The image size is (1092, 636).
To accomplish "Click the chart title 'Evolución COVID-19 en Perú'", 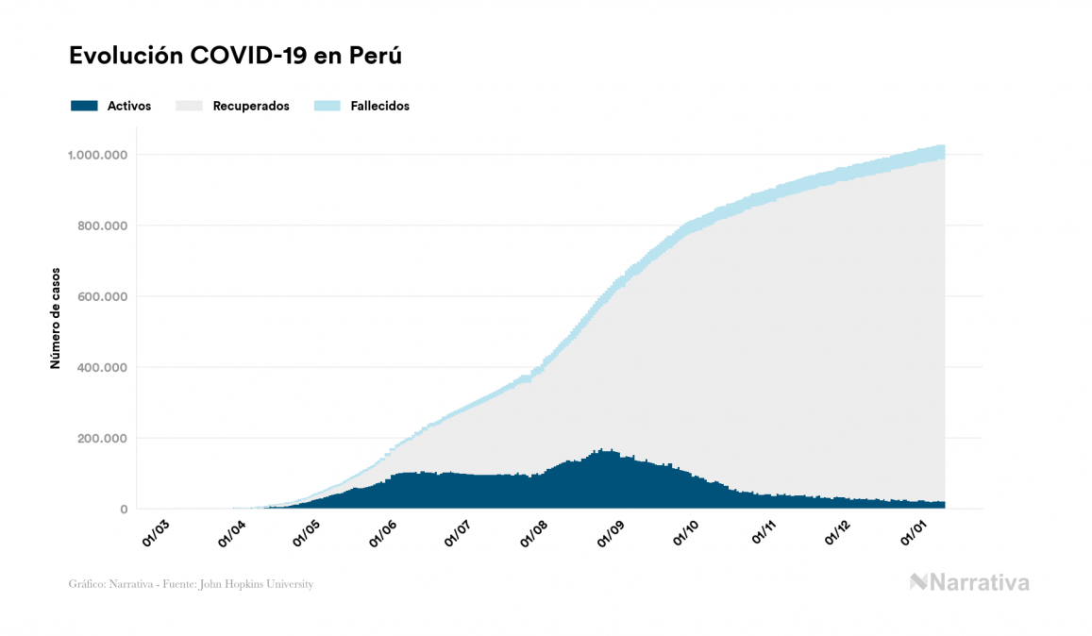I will coord(236,56).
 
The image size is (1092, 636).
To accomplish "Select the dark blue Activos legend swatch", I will coord(84,106).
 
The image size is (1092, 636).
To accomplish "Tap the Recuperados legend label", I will coord(251,106).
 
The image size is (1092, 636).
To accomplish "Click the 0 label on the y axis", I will coord(123,510).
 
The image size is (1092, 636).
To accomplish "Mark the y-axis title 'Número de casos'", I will coord(55,318).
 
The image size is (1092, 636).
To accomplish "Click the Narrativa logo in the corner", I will coord(969,582).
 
